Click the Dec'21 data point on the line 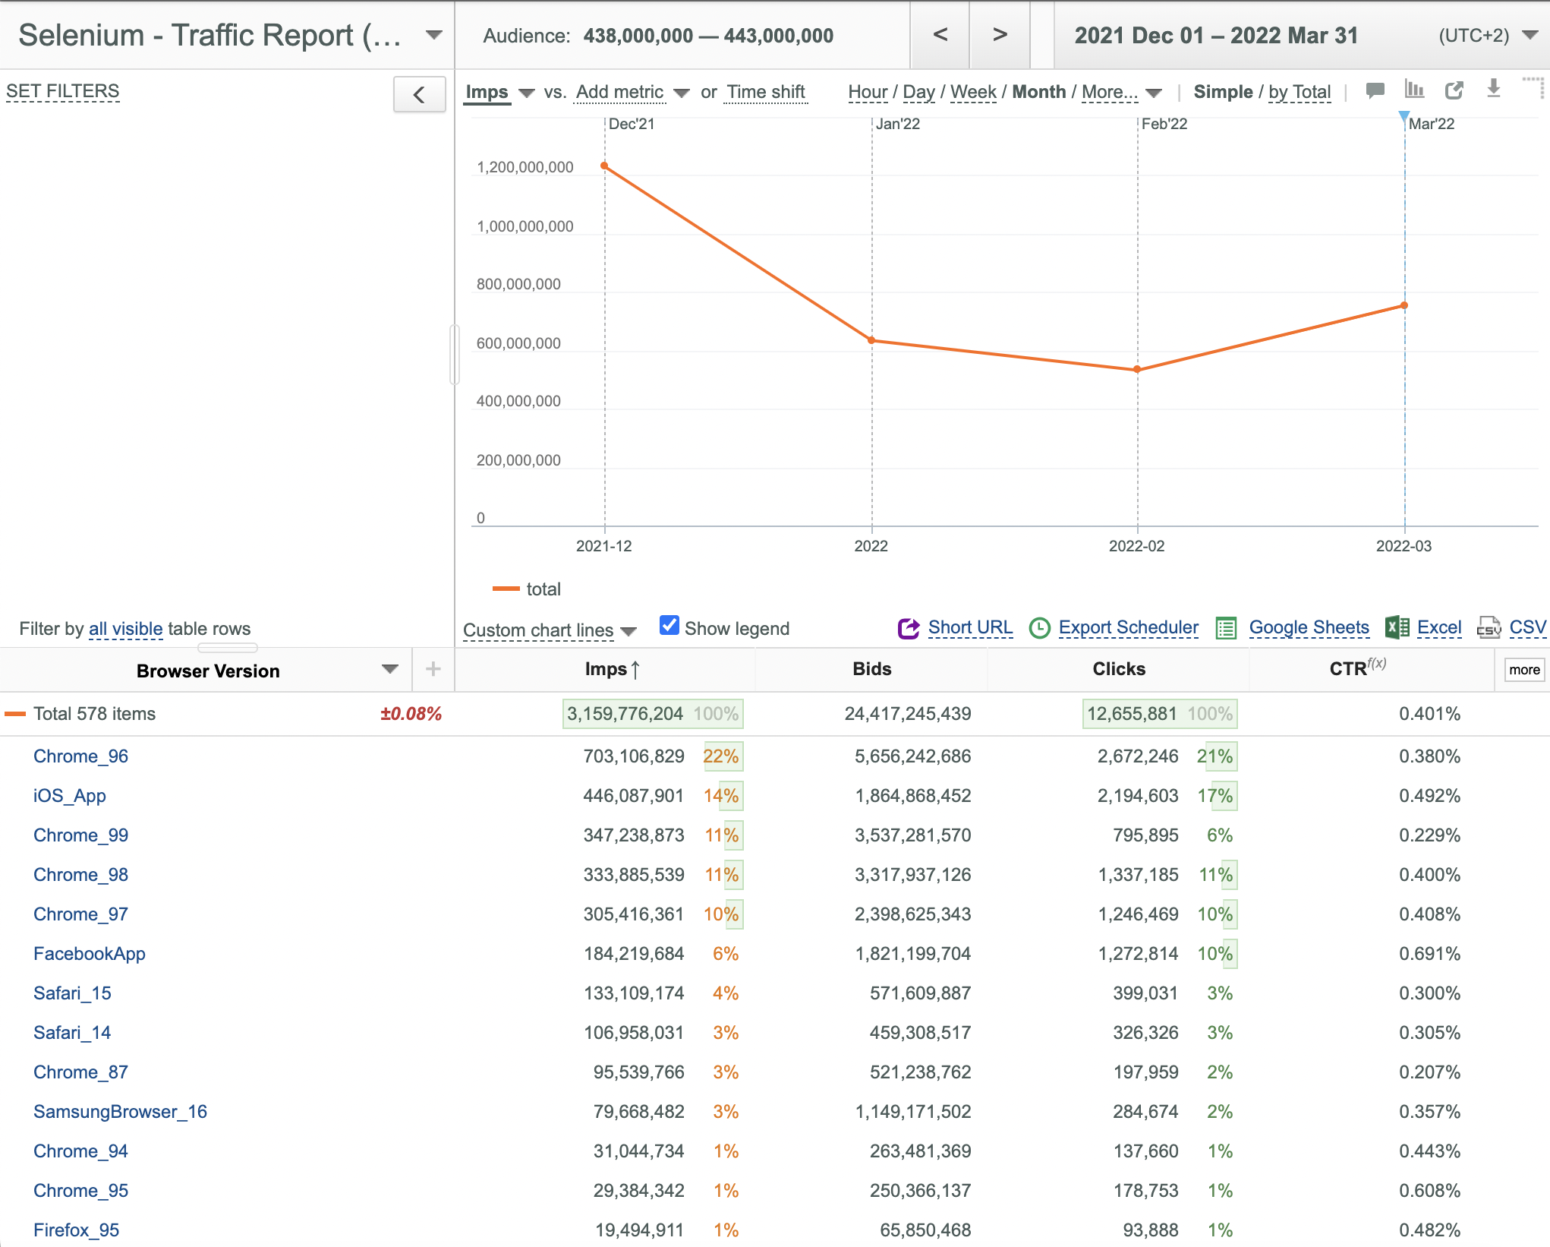pyautogui.click(x=604, y=166)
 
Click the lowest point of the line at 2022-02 pyautogui.click(x=1137, y=370)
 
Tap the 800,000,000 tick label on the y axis pyautogui.click(x=518, y=284)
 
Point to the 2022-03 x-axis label pyautogui.click(x=1404, y=546)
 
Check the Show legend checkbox pyautogui.click(x=669, y=625)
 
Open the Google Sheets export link pyautogui.click(x=1309, y=627)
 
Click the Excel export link pyautogui.click(x=1439, y=627)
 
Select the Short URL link pyautogui.click(x=970, y=627)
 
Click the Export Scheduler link pyautogui.click(x=1129, y=627)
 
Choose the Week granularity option pyautogui.click(x=973, y=92)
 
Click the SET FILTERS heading pyautogui.click(x=63, y=91)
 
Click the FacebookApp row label pyautogui.click(x=90, y=954)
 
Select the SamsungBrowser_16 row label pyautogui.click(x=120, y=1112)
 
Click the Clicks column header pyautogui.click(x=1119, y=669)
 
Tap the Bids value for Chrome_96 pyautogui.click(x=913, y=756)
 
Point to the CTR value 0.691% pyautogui.click(x=1430, y=954)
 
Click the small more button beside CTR pyautogui.click(x=1524, y=670)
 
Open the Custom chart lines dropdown pyautogui.click(x=550, y=630)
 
